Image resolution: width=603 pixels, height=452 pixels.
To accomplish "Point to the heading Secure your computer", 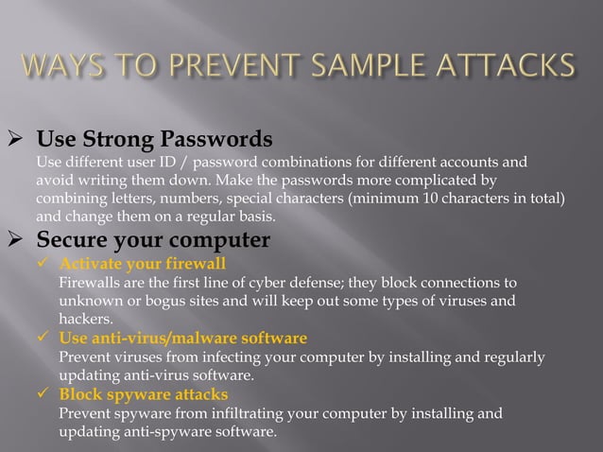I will [x=152, y=240].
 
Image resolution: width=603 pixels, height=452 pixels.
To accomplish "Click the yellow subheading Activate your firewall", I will [x=142, y=264].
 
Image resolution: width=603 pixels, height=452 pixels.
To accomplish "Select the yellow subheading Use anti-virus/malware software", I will [x=182, y=338].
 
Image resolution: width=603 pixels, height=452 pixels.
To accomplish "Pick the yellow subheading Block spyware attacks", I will [x=143, y=394].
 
